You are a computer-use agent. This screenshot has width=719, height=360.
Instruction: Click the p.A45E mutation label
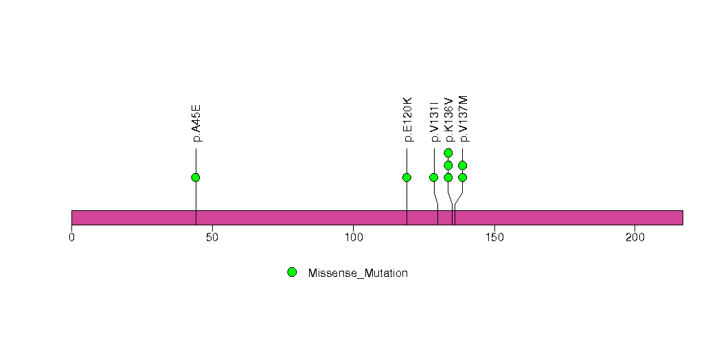196,124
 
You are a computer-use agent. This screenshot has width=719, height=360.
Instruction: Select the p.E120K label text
408,120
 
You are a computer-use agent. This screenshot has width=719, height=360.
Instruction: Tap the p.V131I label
435,121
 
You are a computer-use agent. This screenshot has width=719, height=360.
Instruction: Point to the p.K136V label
449,120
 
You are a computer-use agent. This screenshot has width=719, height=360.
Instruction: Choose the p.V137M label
463,119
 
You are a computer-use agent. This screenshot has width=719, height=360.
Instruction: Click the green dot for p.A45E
196,177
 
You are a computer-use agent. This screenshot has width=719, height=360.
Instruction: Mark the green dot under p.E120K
407,177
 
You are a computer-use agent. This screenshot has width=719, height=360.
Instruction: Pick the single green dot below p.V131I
434,177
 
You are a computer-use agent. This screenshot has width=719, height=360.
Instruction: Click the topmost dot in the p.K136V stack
448,153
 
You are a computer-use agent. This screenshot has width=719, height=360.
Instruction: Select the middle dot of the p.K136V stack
448,165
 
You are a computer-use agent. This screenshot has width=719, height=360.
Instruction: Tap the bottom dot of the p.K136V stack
448,177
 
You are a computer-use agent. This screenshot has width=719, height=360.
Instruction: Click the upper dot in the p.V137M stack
463,165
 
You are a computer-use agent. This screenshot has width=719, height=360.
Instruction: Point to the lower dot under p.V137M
463,177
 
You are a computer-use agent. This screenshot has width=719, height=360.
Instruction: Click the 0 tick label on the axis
71,238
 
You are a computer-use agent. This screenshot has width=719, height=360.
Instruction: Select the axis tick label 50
212,238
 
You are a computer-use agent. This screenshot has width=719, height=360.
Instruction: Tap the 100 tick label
354,238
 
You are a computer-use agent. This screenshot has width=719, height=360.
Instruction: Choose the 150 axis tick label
494,238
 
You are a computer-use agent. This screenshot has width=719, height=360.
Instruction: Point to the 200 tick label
635,238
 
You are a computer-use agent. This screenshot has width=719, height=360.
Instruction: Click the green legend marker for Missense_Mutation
292,273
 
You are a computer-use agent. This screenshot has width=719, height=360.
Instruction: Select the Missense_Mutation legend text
358,273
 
